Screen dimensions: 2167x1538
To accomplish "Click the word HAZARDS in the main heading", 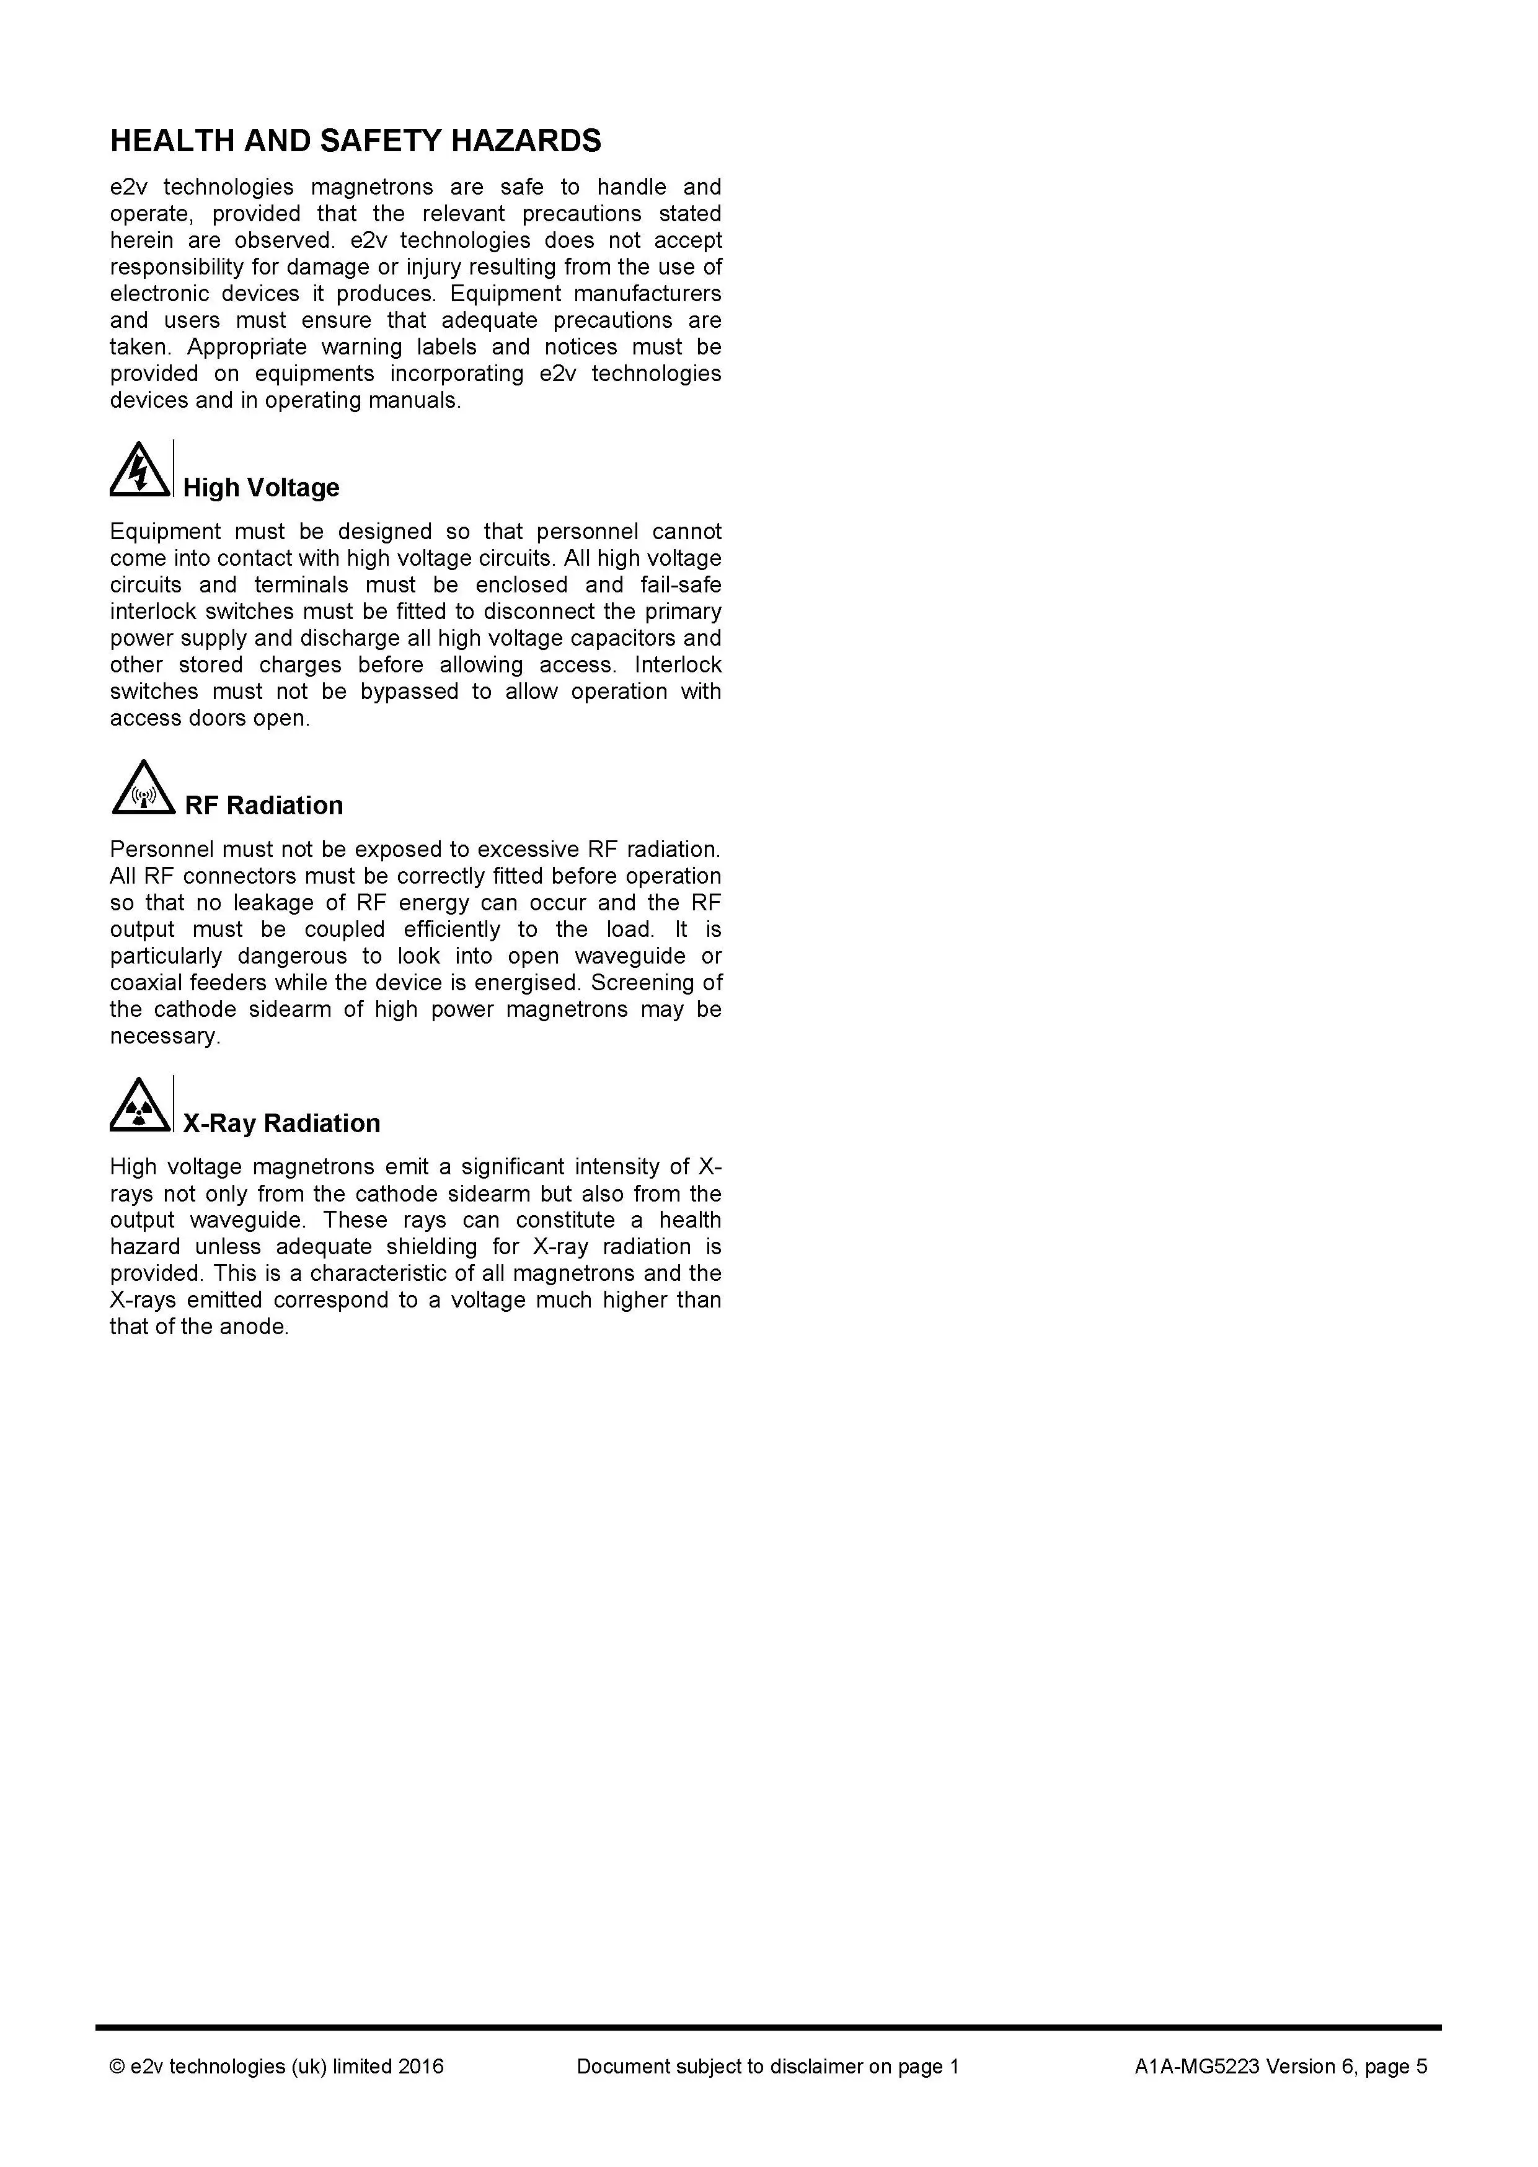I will click(x=524, y=141).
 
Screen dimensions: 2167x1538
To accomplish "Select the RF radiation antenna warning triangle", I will click(x=143, y=789).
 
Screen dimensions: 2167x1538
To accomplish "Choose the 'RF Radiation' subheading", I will click(x=263, y=806).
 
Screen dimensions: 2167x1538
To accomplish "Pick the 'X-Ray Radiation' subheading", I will click(x=281, y=1123).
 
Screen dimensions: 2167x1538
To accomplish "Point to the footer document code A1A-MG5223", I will click(x=1196, y=2067).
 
